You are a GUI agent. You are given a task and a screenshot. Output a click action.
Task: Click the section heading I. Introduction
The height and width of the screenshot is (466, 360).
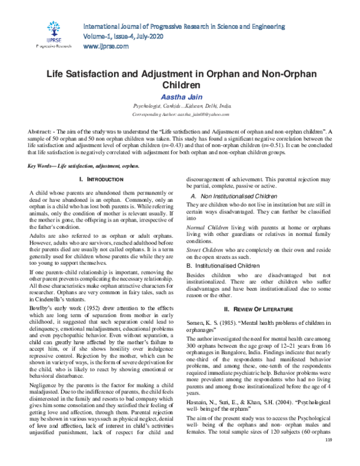(x=97, y=163)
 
